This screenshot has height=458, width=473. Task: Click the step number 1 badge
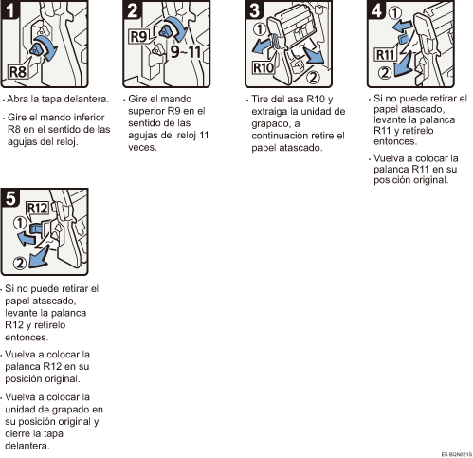[x=9, y=9]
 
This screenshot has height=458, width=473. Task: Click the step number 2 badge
[x=132, y=9]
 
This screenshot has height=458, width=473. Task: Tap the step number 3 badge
[x=254, y=9]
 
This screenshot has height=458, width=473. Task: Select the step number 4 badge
[x=376, y=9]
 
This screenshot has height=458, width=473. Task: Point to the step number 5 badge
[x=10, y=198]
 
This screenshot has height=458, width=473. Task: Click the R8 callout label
[x=18, y=72]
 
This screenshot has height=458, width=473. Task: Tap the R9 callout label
[x=138, y=36]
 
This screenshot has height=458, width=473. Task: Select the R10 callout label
[x=263, y=67]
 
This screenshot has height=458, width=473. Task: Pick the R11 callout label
[x=385, y=55]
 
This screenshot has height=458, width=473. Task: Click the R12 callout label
[x=38, y=209]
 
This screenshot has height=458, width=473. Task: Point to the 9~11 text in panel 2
[x=186, y=51]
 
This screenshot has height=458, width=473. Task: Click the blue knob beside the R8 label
[x=36, y=49]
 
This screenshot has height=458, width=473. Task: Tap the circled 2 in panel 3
[x=313, y=77]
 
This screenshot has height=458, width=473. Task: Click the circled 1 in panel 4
[x=394, y=13]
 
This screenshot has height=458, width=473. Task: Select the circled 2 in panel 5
[x=20, y=263]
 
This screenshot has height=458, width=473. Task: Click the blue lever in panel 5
[x=35, y=229]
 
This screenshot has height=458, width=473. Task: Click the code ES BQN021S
[x=457, y=454]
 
